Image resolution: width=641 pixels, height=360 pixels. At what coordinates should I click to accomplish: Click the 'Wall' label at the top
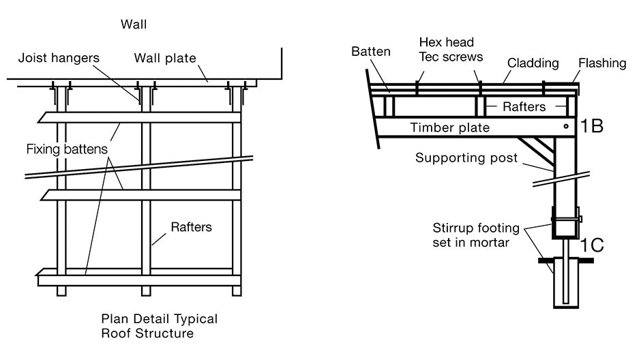[x=134, y=25]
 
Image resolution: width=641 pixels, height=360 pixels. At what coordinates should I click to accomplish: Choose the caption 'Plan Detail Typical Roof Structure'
[x=159, y=326]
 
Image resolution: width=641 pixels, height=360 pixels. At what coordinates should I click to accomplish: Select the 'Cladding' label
[x=533, y=63]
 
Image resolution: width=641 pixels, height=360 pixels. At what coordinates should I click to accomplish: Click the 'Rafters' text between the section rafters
[x=524, y=106]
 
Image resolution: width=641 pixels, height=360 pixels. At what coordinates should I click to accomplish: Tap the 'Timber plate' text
[x=449, y=127]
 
